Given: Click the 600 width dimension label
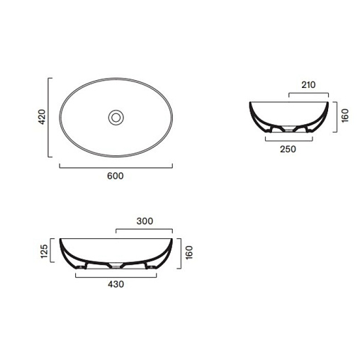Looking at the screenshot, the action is pos(116,176).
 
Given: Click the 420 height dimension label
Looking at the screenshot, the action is pos(42,117).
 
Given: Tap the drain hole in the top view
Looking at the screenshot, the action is pos(116,118).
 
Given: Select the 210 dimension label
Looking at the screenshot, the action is pos(308,85).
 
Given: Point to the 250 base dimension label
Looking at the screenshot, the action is pos(288,150).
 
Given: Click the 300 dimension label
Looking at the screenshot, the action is pos(145,221).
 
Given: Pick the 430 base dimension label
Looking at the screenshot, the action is pos(116,284).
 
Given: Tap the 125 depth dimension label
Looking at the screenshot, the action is pos(44,252).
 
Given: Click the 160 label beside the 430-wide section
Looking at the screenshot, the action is pos(189,252).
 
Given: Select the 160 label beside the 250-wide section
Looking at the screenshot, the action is pos(345,116).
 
